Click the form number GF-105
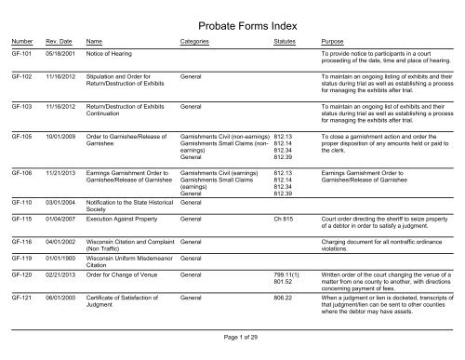click(20, 135)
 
